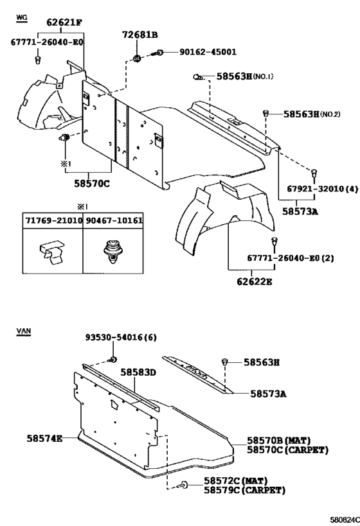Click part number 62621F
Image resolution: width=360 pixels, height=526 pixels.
point(64,22)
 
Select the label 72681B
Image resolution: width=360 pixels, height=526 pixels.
point(140,35)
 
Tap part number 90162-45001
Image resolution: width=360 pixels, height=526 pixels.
point(208,52)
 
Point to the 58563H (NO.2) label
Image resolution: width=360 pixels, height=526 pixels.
point(312,114)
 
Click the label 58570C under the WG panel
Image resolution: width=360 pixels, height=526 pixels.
point(92,184)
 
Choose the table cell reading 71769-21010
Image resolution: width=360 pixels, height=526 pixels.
point(53,220)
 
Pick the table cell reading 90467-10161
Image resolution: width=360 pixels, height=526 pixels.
point(114,220)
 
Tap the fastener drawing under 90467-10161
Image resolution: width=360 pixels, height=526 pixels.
point(111,252)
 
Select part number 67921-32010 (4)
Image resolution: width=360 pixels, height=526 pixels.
point(322,189)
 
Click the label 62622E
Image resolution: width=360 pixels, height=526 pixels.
point(254,281)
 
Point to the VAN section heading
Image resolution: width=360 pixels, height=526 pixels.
point(24,331)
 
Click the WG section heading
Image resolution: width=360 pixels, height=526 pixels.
point(21,17)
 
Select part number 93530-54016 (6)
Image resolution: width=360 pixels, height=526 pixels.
point(121,337)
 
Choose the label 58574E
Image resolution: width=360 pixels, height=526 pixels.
point(44,438)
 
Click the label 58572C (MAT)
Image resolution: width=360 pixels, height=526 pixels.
point(236,481)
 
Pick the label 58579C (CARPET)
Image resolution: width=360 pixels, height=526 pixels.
point(245,491)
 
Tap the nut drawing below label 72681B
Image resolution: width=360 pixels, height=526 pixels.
point(137,58)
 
